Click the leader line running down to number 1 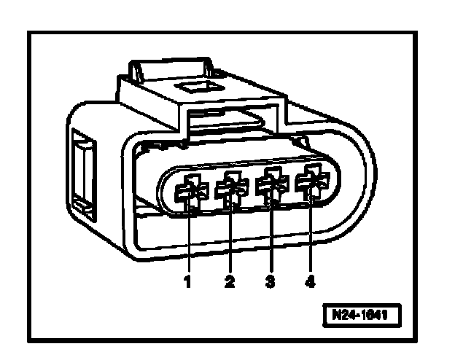[x=189, y=240]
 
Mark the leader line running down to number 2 [x=230, y=240]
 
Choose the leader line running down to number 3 [x=271, y=240]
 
